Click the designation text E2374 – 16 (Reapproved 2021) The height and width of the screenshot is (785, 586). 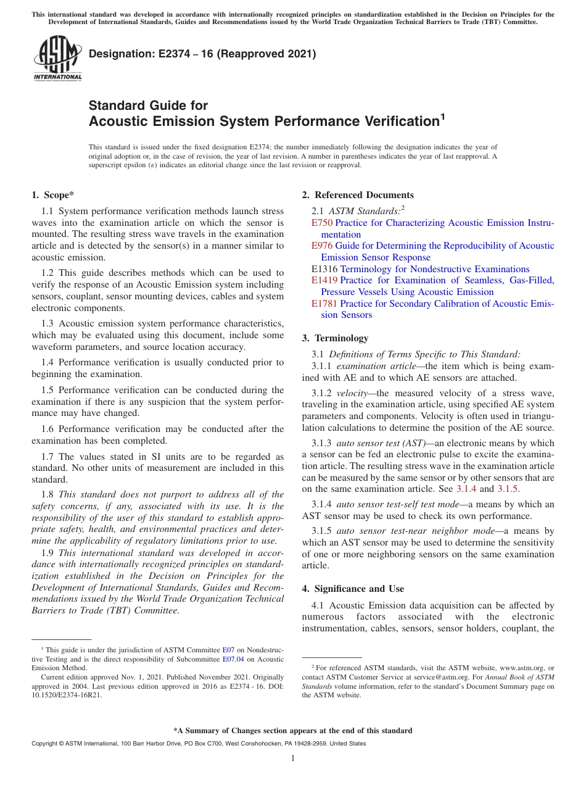pyautogui.click(x=202, y=54)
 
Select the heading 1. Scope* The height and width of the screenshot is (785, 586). pyautogui.click(x=52, y=195)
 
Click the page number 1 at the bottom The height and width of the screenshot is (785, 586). pyautogui.click(x=293, y=758)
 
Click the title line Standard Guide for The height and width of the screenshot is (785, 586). pyautogui.click(x=148, y=106)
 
